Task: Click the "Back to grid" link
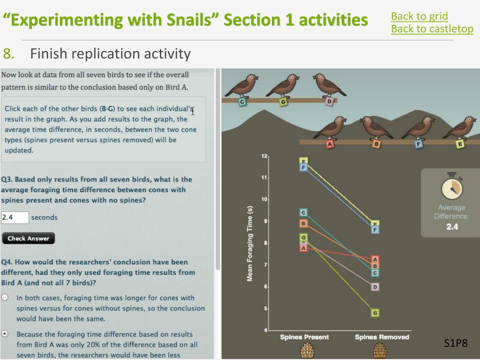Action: click(x=420, y=16)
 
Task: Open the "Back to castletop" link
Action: click(x=432, y=29)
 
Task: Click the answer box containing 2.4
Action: click(x=15, y=217)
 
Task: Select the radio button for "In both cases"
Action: click(x=5, y=297)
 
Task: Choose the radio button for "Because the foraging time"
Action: click(x=5, y=334)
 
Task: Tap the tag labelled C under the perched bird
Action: click(x=242, y=102)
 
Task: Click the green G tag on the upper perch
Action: click(x=284, y=102)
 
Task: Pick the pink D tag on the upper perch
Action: click(x=329, y=101)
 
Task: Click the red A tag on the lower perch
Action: click(x=330, y=144)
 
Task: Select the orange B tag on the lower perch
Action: click(x=376, y=144)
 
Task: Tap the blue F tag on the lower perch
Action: click(x=419, y=144)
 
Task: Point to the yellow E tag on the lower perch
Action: click(x=460, y=144)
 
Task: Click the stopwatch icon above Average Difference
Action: click(x=452, y=187)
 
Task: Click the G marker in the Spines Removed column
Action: click(x=375, y=313)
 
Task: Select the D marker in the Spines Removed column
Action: click(x=375, y=287)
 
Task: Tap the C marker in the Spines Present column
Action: click(x=303, y=212)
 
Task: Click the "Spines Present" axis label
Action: click(x=304, y=337)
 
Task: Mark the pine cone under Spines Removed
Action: click(x=380, y=351)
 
